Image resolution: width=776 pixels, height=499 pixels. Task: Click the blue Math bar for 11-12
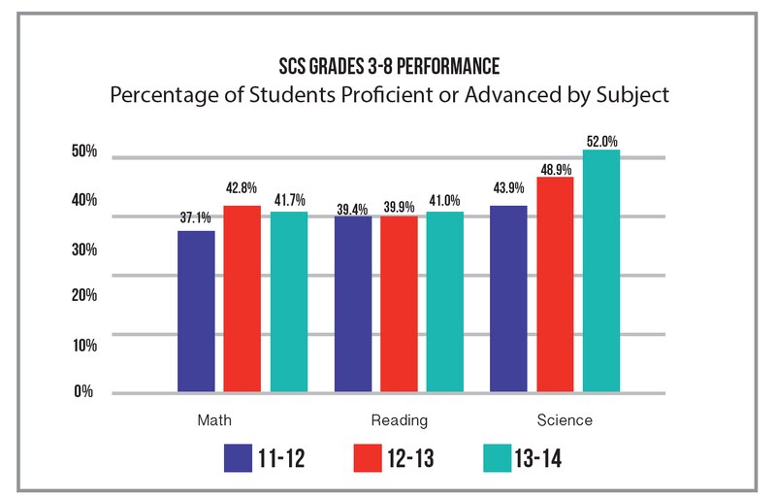point(196,312)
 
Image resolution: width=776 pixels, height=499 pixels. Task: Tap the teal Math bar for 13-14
point(289,302)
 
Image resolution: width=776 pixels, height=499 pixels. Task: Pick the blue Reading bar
point(352,304)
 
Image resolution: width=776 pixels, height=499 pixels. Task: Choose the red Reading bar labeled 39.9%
point(399,304)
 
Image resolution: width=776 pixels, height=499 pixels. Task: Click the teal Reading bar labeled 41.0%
point(445,302)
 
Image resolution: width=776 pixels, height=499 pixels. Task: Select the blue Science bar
point(508,299)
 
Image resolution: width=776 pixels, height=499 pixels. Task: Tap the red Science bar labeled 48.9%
point(555,285)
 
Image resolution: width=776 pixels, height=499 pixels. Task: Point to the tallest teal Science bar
point(601,272)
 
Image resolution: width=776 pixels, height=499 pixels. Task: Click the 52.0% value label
point(601,141)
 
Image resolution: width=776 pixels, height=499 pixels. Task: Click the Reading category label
point(399,420)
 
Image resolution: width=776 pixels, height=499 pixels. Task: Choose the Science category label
point(565,420)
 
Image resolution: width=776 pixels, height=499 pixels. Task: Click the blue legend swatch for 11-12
point(238,457)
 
